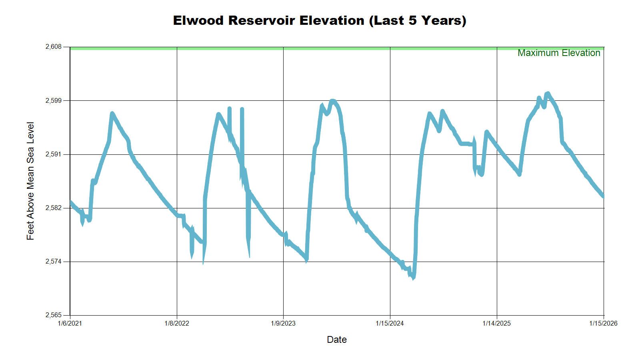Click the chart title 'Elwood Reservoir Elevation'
(319, 20)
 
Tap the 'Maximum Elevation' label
(558, 53)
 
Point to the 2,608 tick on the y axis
(54, 47)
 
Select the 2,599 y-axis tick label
(54, 100)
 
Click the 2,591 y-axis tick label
(54, 154)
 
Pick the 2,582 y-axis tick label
(54, 208)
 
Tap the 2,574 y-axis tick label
(54, 262)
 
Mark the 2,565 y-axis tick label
(54, 315)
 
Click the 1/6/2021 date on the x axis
(70, 323)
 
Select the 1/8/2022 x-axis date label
(177, 323)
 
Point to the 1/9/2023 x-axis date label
(283, 323)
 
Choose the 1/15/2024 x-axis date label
(390, 323)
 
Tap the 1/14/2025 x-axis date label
(496, 323)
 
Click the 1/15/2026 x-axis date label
(603, 323)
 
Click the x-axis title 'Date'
(337, 340)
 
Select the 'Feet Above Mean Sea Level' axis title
(30, 181)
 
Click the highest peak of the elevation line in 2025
(547, 94)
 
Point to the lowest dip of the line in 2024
(413, 278)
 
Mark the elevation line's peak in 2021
(112, 114)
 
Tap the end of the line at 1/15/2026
(603, 196)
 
